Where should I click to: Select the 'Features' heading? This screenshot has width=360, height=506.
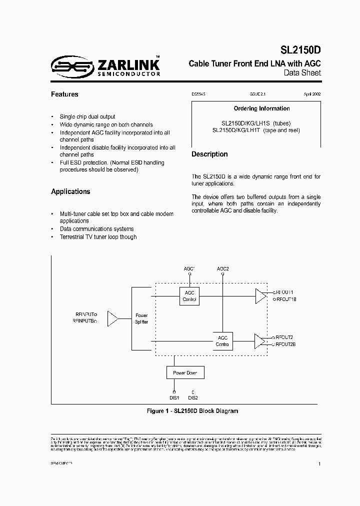click(64, 94)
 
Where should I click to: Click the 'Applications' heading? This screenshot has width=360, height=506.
click(70, 191)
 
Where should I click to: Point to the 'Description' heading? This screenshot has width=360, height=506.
click(209, 154)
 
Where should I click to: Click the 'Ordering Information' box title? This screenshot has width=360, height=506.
click(261, 108)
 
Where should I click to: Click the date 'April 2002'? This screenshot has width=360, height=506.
click(312, 94)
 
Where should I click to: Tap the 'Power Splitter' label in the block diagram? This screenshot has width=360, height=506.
click(142, 319)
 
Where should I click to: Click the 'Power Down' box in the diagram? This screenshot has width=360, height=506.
click(185, 373)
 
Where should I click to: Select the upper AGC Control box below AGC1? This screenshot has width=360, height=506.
click(189, 296)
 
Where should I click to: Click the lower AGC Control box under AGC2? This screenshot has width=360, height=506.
click(222, 341)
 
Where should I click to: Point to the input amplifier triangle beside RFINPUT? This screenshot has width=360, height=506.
click(112, 318)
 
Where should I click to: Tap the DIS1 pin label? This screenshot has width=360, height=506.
click(174, 398)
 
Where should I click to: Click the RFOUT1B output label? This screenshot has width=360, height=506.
click(286, 299)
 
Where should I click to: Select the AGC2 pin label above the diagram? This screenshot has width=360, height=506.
click(223, 269)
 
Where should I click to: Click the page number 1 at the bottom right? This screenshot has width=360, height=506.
click(319, 464)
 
